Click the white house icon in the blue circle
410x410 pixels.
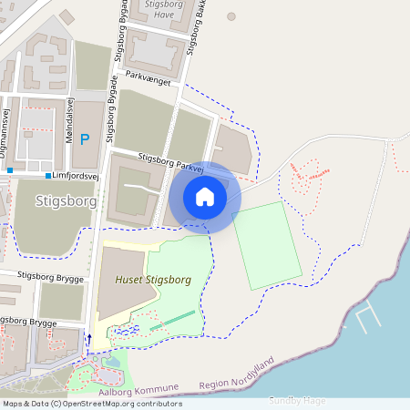tap(205, 197)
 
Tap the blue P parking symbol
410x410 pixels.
tap(85, 139)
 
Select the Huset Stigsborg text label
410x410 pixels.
tap(153, 280)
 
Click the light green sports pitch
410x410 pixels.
tap(268, 244)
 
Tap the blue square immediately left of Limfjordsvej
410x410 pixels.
tap(47, 174)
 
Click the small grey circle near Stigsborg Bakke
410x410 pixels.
tap(231, 16)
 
